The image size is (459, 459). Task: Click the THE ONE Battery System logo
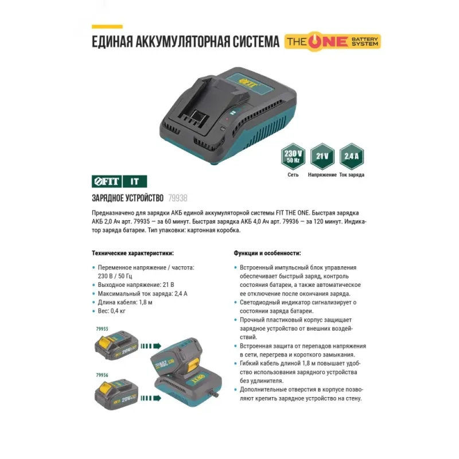click(x=333, y=41)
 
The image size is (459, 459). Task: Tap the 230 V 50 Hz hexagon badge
click(x=293, y=156)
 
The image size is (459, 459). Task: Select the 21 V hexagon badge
click(x=322, y=156)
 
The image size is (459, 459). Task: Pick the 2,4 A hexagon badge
click(x=351, y=156)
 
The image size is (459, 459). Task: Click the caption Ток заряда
click(x=352, y=175)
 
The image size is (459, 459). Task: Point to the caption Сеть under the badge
click(x=293, y=175)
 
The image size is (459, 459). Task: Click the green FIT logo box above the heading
click(x=107, y=181)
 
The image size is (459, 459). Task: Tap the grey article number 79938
click(x=178, y=198)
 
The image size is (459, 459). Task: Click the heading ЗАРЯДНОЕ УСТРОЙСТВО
click(x=127, y=198)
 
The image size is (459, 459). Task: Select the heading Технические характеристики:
click(x=133, y=253)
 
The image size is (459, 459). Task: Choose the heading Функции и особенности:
click(x=267, y=253)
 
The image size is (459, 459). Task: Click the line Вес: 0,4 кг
click(x=111, y=311)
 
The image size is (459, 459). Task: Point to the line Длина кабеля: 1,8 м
click(x=125, y=302)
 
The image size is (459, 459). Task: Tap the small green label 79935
click(x=102, y=329)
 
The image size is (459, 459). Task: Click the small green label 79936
click(x=102, y=375)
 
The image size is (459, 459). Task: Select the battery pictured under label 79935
click(x=116, y=346)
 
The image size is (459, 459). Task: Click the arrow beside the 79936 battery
click(x=151, y=398)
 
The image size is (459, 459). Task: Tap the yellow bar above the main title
click(x=107, y=26)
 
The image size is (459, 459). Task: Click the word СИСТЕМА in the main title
click(x=256, y=41)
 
